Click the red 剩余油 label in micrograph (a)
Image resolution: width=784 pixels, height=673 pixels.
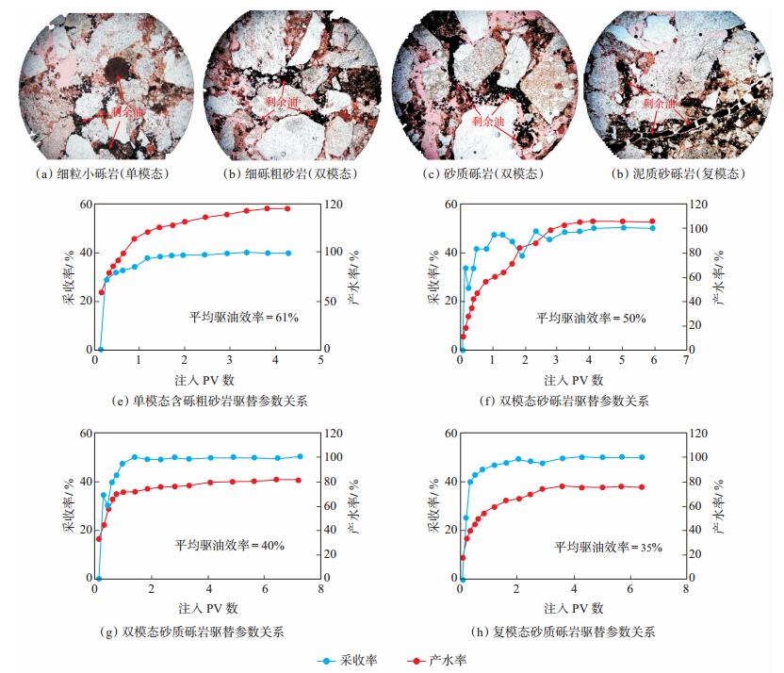[127, 111]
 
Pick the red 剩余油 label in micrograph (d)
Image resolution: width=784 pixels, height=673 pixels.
[661, 104]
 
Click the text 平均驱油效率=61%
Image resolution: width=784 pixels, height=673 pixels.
[244, 318]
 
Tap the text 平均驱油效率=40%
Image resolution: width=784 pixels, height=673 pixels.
[229, 545]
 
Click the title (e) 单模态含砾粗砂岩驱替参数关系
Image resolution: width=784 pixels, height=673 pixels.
[208, 401]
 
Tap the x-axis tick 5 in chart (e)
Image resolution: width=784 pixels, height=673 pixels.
[320, 360]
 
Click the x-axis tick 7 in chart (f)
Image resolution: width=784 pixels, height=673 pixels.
[685, 360]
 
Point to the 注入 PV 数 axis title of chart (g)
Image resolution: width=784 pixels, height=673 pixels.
[206, 608]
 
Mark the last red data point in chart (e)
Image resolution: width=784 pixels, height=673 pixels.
[287, 208]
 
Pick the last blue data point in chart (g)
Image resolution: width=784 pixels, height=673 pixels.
[301, 456]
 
